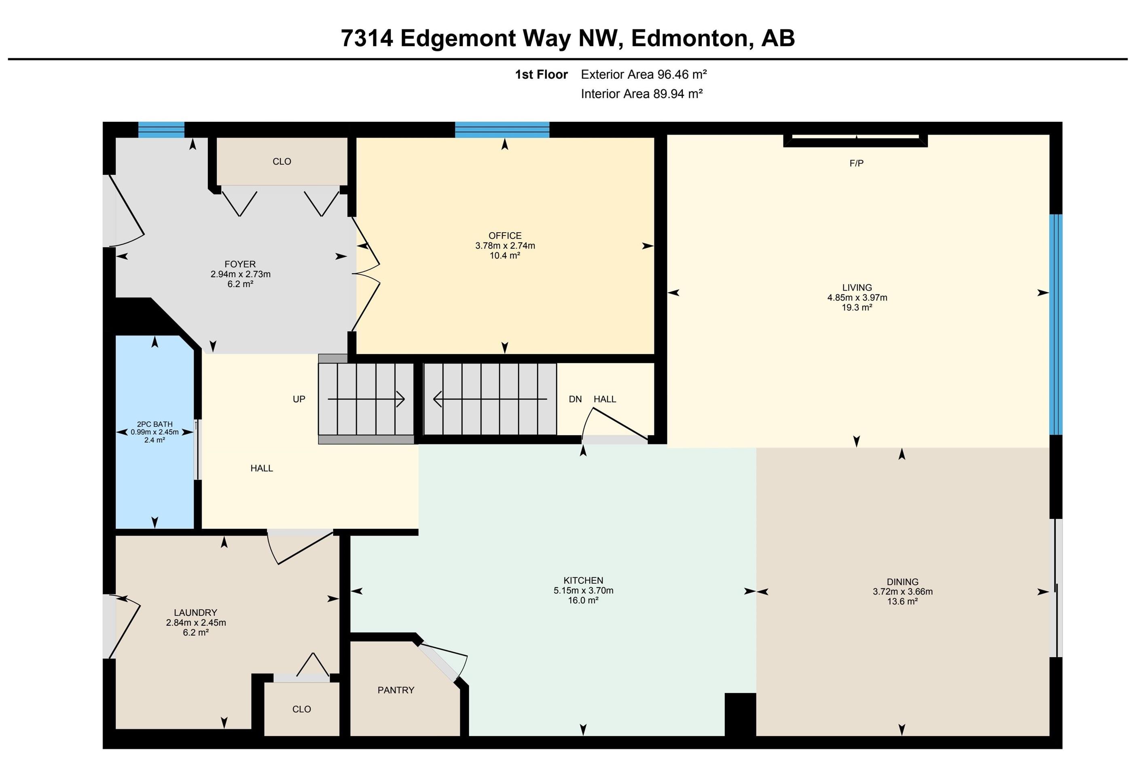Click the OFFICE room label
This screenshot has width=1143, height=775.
(505, 236)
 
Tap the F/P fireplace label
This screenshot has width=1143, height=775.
(856, 163)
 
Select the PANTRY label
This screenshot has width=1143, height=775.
(396, 690)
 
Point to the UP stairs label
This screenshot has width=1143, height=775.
(299, 399)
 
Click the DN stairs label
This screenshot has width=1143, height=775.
(575, 399)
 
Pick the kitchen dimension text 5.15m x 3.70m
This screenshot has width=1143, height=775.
(583, 590)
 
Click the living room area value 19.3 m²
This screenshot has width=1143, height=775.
(857, 308)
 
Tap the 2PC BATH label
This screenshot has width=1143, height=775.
(155, 424)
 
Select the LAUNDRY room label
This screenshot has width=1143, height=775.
(195, 613)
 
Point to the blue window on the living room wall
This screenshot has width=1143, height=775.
(1056, 324)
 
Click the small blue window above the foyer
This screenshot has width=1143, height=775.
(161, 130)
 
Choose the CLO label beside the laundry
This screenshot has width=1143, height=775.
(301, 709)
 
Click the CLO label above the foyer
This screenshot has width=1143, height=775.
(282, 161)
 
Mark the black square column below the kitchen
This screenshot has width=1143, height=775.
(740, 714)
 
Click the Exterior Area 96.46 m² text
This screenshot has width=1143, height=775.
(644, 74)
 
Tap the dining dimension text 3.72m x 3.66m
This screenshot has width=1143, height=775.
(902, 591)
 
